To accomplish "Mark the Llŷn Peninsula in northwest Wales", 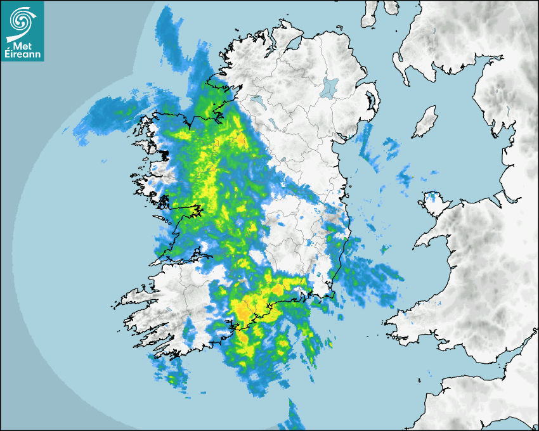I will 434,237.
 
